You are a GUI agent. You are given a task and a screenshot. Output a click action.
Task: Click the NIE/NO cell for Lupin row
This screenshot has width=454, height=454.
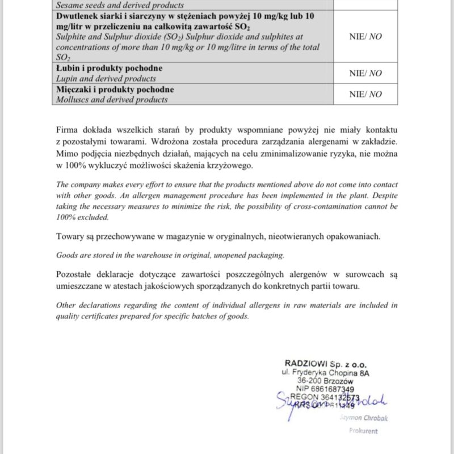point(365,73)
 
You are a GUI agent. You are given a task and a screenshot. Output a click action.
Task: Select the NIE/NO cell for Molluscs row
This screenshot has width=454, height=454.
point(365,95)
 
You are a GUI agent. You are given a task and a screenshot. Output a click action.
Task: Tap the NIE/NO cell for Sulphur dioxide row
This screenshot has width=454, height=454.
point(365,35)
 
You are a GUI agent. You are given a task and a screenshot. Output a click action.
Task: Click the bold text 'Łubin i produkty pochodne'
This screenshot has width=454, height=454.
point(110,69)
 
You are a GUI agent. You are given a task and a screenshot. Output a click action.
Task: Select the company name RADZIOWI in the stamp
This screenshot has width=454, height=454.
point(305,363)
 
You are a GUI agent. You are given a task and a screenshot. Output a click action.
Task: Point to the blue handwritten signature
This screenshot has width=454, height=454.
point(323,403)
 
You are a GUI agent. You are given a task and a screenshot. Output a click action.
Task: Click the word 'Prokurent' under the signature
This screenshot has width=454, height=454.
point(363,431)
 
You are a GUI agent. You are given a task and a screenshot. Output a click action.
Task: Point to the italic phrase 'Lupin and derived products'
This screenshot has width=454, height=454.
point(106,78)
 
